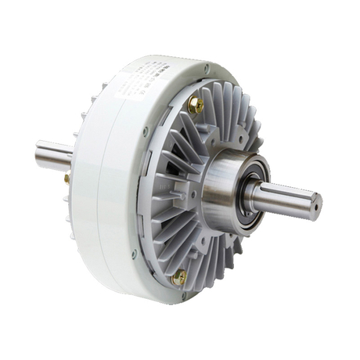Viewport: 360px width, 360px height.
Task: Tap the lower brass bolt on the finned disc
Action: click(x=179, y=275)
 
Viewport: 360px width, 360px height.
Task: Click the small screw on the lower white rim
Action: click(x=134, y=253)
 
